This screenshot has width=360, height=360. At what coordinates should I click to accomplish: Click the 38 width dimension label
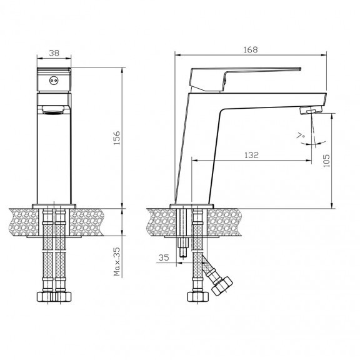pos(54,53)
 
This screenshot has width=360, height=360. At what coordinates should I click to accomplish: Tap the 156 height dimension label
pos(117,137)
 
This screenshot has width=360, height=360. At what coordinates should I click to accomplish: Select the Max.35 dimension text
pos(117,261)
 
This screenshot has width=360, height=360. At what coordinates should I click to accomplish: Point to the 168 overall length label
pos(251,49)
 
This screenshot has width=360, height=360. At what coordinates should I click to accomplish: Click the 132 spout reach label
pos(251,155)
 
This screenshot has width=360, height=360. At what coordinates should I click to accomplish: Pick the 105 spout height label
pos(326,161)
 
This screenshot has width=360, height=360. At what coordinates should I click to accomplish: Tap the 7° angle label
pos(300,136)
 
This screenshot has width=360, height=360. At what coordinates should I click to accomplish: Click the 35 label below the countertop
pos(164,257)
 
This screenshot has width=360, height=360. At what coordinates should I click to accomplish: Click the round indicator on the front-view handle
pos(54,81)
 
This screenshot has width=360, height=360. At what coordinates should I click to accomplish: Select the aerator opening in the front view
pos(53,110)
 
